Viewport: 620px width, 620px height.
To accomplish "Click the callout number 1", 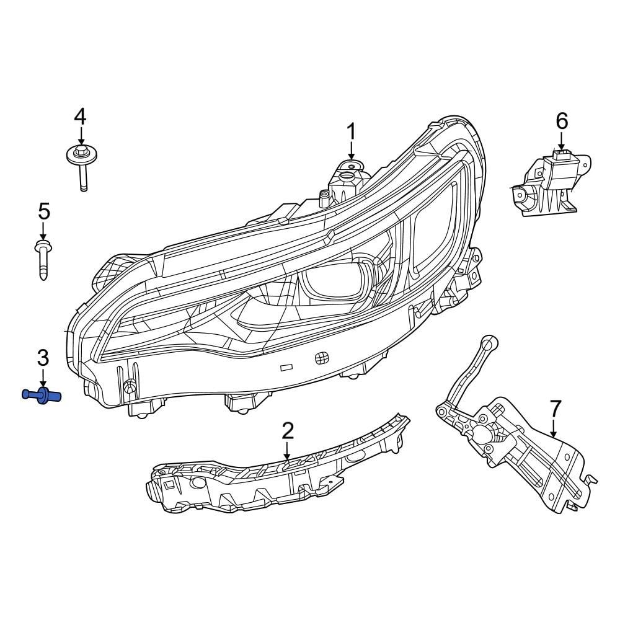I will click(351, 132).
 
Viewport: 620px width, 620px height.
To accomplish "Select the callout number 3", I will click(43, 357).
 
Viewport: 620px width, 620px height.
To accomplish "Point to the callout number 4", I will click(80, 116).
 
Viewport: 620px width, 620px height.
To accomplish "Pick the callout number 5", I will click(43, 211).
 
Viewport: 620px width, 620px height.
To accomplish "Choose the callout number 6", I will click(561, 121).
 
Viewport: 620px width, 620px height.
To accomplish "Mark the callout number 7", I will click(555, 409).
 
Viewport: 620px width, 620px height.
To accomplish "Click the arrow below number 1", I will click(351, 151).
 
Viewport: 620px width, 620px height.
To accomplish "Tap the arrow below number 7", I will click(554, 428).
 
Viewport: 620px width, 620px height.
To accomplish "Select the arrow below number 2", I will click(287, 450).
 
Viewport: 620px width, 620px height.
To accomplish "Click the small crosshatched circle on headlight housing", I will click(321, 358).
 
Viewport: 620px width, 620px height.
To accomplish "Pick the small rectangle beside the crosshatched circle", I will click(286, 367).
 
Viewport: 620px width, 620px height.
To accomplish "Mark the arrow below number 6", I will click(561, 141).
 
